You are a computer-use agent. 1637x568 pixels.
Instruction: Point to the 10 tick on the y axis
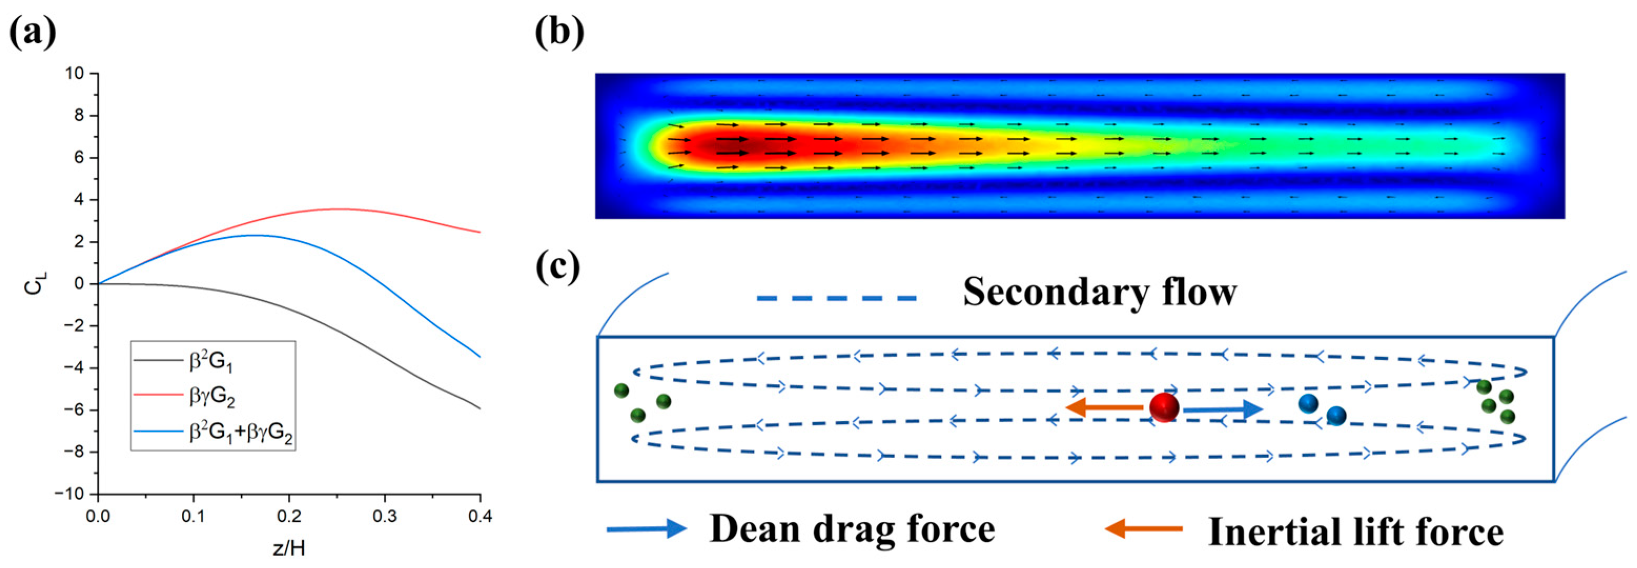(x=75, y=74)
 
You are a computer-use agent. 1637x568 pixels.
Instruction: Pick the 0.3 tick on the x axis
(x=384, y=516)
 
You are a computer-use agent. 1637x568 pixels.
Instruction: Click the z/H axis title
(x=289, y=547)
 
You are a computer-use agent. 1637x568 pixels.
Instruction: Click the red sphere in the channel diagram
(x=1163, y=408)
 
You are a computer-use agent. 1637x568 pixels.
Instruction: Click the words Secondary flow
(x=1099, y=292)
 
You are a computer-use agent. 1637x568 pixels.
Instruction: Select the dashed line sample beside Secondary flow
(x=836, y=298)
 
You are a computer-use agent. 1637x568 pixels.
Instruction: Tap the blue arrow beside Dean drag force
(x=646, y=529)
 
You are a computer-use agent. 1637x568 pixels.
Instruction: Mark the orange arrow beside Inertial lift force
(x=1143, y=528)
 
